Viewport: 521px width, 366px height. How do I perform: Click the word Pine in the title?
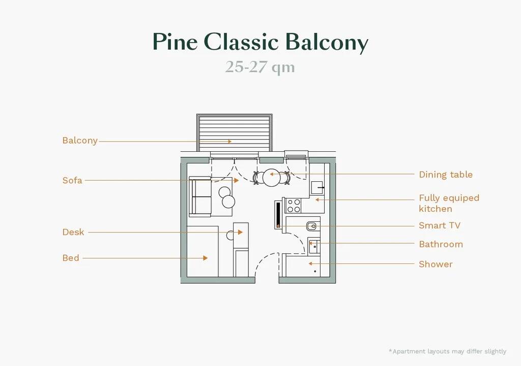[175, 42]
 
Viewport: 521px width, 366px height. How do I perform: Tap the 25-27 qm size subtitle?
[260, 68]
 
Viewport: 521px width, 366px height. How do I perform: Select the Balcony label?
[80, 141]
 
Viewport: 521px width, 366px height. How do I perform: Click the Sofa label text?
[72, 180]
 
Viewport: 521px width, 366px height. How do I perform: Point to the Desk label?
[73, 232]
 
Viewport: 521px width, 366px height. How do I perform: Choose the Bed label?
[71, 258]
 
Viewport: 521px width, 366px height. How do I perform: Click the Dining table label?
[446, 175]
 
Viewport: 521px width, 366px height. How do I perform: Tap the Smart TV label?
[440, 225]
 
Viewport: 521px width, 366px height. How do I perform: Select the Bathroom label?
[441, 244]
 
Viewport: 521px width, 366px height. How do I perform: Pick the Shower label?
[436, 264]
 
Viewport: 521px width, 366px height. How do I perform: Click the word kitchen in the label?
[436, 209]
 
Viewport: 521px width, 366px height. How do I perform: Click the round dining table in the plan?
[272, 177]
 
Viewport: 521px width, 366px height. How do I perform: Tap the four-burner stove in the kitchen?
[294, 205]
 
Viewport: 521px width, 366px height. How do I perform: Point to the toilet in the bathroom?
[312, 226]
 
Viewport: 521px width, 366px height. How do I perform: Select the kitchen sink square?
[317, 188]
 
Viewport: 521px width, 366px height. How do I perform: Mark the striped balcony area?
[234, 132]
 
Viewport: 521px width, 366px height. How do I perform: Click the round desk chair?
[230, 236]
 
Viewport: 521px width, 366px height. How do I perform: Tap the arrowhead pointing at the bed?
[206, 258]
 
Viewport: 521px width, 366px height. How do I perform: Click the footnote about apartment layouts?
[448, 351]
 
